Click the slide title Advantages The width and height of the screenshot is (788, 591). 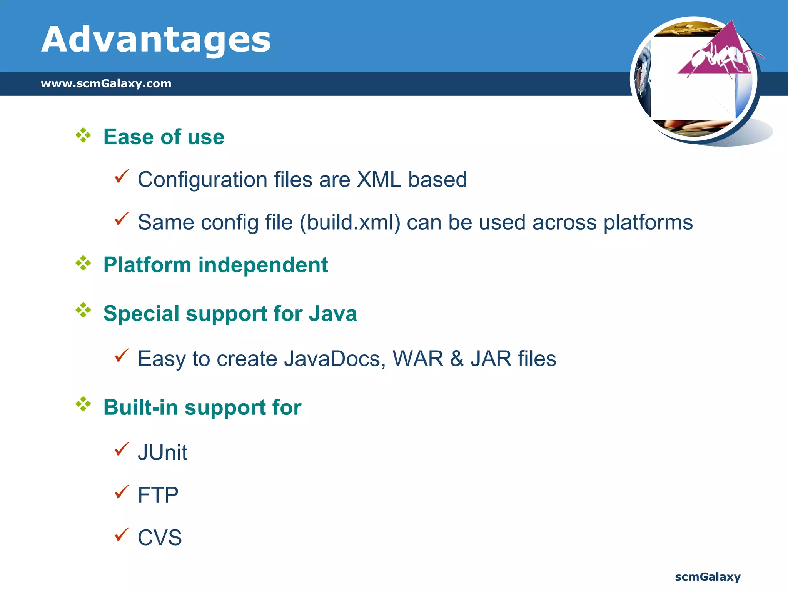click(x=156, y=39)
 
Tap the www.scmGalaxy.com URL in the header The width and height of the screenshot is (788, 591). click(x=106, y=83)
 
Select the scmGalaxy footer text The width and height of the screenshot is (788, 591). click(x=708, y=577)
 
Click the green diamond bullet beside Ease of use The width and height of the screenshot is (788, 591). click(x=83, y=135)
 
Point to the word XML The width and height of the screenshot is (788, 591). click(x=379, y=180)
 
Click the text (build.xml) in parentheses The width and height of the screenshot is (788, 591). click(x=350, y=222)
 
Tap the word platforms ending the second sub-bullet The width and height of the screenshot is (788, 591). click(x=648, y=222)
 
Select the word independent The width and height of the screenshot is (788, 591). click(x=263, y=265)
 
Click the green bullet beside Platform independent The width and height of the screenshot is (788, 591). click(x=83, y=264)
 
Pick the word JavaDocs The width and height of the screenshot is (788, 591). click(x=334, y=359)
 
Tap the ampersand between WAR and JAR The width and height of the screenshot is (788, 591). click(x=457, y=359)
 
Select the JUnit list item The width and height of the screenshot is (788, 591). click(x=162, y=452)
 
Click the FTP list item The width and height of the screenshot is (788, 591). click(x=158, y=495)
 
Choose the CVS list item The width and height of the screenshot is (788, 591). click(x=160, y=538)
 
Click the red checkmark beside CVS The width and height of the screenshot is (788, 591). click(x=122, y=534)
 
